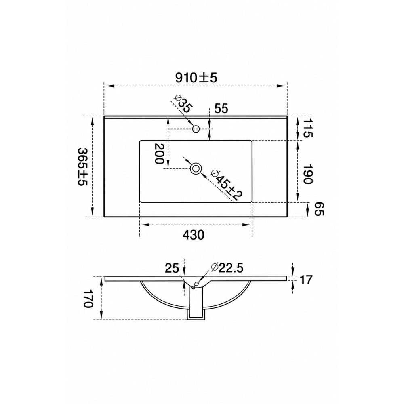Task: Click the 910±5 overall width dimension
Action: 196,78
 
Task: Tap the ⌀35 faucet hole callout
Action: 183,103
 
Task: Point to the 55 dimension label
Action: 221,108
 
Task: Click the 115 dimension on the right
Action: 307,128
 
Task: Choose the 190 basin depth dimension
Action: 307,175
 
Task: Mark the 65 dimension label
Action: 320,209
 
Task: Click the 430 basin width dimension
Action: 193,235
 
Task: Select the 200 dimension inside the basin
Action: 159,154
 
